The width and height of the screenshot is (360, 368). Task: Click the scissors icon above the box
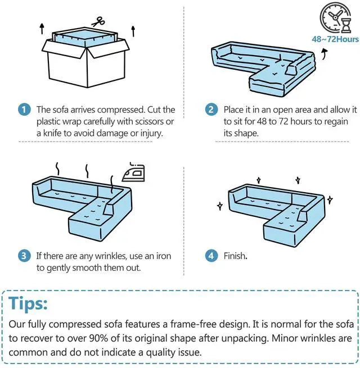(98, 21)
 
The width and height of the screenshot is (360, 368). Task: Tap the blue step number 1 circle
(24, 110)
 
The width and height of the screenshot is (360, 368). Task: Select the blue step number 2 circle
(211, 110)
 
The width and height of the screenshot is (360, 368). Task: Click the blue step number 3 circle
(24, 256)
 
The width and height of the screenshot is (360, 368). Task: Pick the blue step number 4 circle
(211, 256)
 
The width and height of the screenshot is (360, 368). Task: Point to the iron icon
(133, 172)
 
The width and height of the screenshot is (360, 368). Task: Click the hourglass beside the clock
(346, 26)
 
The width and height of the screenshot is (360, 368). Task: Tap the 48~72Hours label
(335, 39)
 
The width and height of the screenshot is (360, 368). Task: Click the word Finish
(235, 256)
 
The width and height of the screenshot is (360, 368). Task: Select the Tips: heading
(28, 303)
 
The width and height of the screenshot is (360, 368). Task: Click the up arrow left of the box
(42, 29)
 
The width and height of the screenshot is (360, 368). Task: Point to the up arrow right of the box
(133, 31)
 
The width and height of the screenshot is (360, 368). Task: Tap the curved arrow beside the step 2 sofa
(325, 54)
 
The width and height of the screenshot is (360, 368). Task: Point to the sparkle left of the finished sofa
(220, 206)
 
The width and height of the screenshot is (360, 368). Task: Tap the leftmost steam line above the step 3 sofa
(57, 169)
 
